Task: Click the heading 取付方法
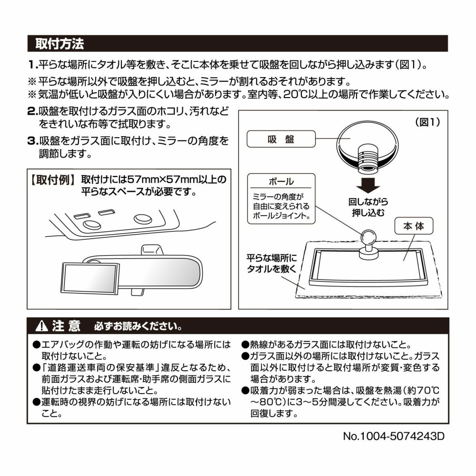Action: coord(60,44)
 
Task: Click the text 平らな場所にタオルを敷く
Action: coord(271,263)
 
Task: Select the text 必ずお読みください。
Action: coord(138,327)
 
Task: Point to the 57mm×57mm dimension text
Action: coord(162,180)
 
